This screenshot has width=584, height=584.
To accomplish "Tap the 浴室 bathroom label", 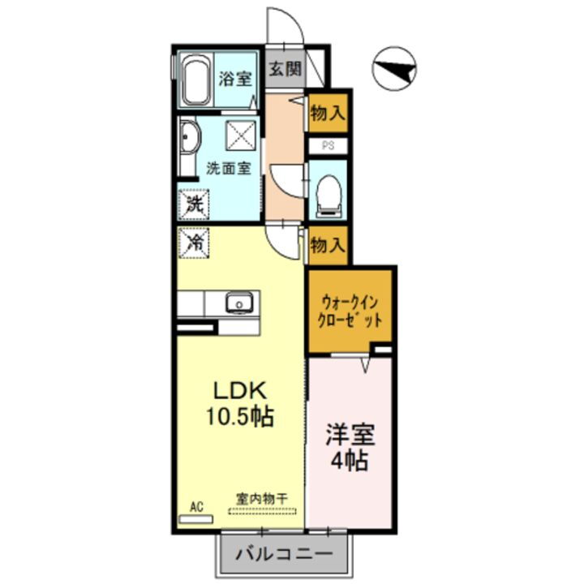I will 236,79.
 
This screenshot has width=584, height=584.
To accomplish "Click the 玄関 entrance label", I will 285,68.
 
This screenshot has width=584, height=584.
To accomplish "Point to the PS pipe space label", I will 328,146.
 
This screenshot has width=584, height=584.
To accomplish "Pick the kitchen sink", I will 239,303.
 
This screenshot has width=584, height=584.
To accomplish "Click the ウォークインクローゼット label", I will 350,310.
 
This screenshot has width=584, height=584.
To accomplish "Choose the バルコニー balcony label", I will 284,556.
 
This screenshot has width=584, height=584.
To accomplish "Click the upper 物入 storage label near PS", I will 328,114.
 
